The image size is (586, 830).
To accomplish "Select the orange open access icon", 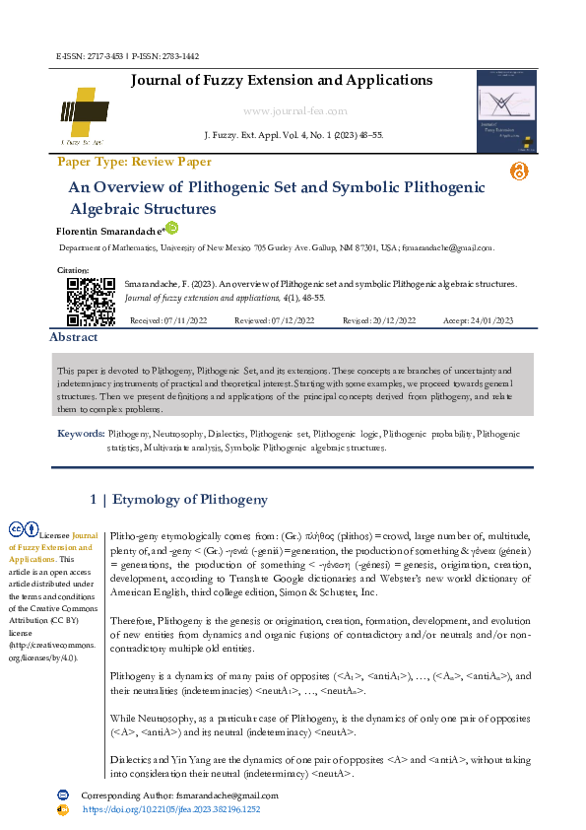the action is (519, 171).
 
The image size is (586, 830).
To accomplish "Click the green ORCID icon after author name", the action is (171, 228).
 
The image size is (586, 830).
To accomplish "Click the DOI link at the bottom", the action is (170, 809).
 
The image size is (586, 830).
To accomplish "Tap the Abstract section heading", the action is (75, 337).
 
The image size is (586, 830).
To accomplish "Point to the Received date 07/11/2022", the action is (168, 321).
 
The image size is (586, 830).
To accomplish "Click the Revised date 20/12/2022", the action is (379, 321).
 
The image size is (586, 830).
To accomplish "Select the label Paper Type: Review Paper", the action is (134, 162).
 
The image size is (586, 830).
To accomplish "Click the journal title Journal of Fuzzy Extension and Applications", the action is (282, 80).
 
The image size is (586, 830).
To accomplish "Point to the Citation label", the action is (73, 269).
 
